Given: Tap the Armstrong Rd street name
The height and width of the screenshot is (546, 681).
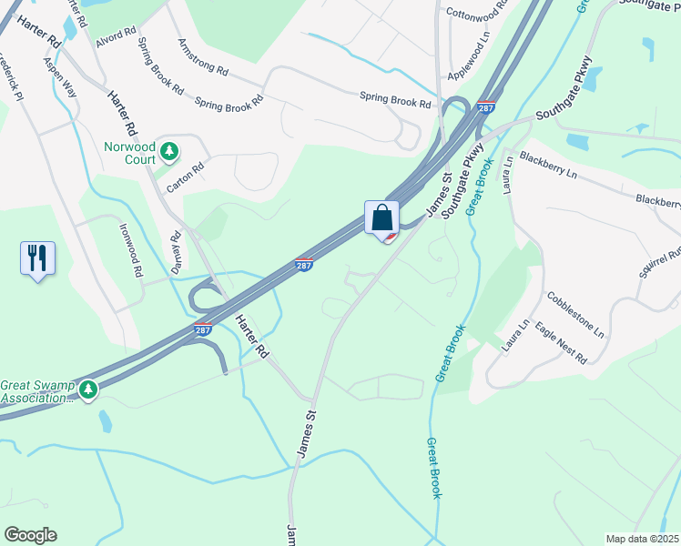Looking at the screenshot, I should pos(203,56).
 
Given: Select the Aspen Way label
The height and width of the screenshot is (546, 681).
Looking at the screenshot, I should pos(60,80).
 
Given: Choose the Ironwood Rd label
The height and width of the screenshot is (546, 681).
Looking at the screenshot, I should pos(130,252).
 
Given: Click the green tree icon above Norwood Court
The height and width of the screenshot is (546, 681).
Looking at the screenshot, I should pos(168,149).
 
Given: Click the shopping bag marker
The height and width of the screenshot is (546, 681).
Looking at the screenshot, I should pos(382,218).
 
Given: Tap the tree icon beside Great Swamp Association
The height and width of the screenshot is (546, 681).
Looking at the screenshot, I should pos(88,390).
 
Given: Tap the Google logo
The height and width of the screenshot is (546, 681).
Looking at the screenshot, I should pos(30,535).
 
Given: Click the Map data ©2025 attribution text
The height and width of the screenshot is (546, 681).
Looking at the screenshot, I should pos(642,539).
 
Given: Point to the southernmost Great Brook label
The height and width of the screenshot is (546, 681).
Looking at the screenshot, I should pos(435,468).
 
